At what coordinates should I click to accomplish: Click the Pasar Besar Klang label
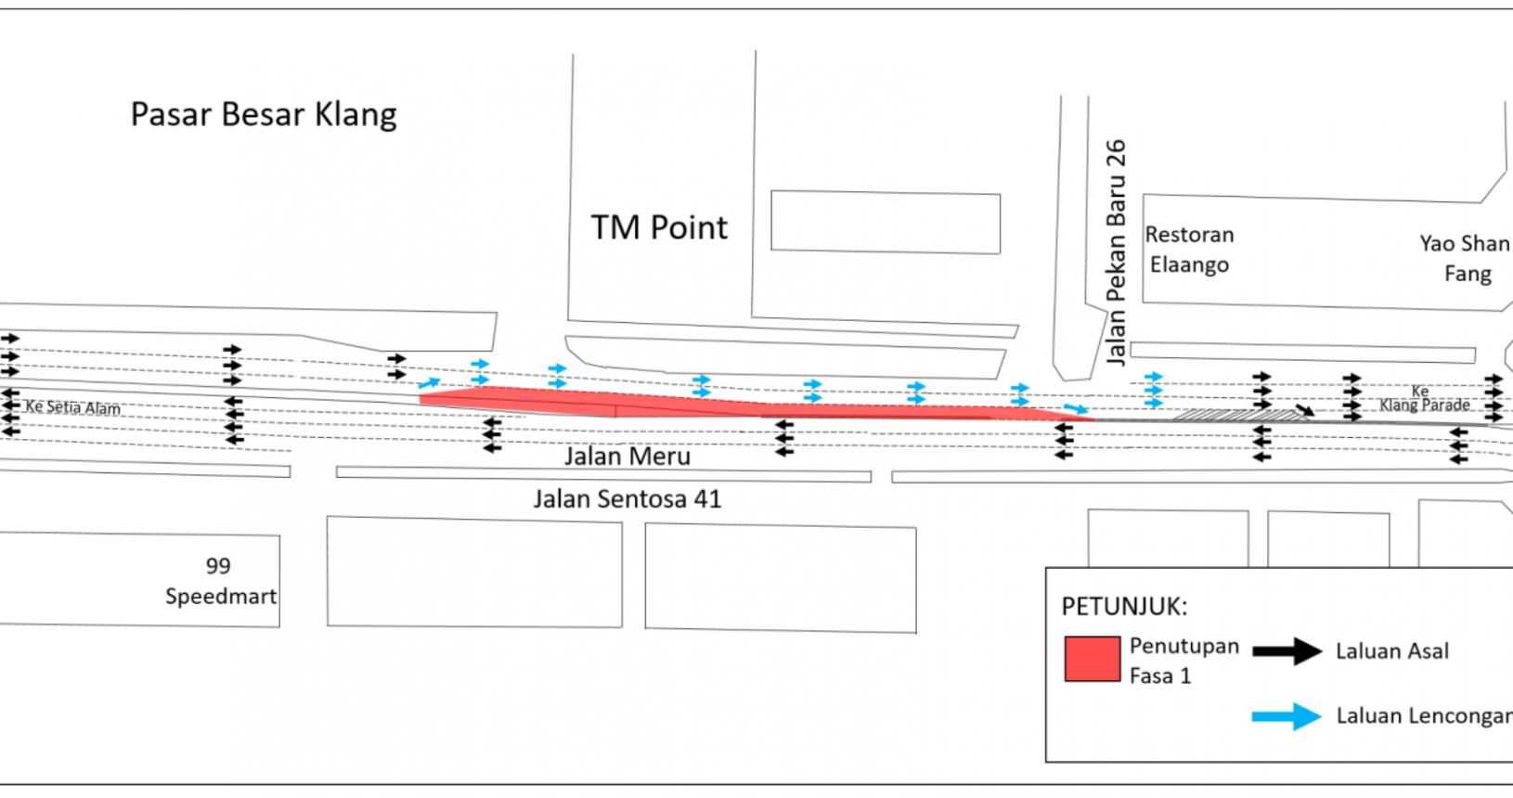(x=264, y=115)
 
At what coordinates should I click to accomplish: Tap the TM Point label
(x=659, y=227)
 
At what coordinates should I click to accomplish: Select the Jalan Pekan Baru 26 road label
(x=1116, y=251)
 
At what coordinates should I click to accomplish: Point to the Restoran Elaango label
(x=1189, y=250)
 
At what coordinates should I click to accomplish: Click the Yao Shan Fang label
(x=1466, y=258)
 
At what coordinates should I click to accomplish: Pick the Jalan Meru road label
(x=627, y=457)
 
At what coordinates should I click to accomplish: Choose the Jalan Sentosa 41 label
(x=627, y=499)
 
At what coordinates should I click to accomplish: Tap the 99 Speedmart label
(x=220, y=581)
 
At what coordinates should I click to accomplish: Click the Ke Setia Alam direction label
(x=72, y=407)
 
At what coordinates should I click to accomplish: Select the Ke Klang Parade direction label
(x=1424, y=399)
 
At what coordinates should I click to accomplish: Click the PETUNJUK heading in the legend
(x=1124, y=607)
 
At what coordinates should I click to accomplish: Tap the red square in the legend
(x=1092, y=659)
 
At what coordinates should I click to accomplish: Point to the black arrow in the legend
(x=1287, y=651)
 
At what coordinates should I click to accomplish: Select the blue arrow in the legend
(x=1287, y=716)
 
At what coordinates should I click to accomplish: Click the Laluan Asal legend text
(x=1391, y=651)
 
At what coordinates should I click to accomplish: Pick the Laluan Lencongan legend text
(x=1423, y=716)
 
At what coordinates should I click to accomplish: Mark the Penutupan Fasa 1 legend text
(x=1183, y=661)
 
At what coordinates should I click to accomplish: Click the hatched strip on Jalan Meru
(x=1239, y=415)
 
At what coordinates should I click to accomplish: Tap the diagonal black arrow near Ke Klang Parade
(x=1305, y=409)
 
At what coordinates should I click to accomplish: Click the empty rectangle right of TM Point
(x=886, y=223)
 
